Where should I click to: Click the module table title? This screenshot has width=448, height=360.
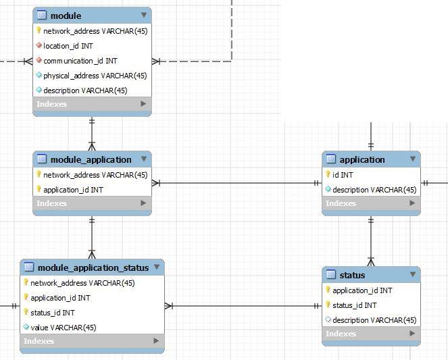[66, 16]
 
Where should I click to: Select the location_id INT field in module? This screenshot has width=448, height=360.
[68, 46]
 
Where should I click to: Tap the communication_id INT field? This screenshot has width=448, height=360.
[80, 61]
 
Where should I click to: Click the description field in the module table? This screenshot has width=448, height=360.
[85, 91]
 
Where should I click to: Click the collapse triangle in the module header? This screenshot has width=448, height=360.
[144, 15]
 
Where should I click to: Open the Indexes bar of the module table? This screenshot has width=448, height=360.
[92, 104]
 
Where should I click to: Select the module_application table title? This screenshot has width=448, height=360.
[91, 159]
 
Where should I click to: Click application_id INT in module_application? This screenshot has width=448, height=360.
[73, 190]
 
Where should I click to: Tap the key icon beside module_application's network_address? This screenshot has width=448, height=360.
[39, 175]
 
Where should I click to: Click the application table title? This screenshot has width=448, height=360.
[362, 159]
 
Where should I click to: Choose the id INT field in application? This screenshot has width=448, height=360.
[343, 175]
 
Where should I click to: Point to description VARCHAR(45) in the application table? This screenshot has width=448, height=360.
[374, 190]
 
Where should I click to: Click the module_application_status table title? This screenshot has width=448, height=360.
[93, 267]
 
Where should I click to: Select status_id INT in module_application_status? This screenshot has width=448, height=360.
[53, 313]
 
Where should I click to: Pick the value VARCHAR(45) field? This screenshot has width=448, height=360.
[64, 328]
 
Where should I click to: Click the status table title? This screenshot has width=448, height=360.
[352, 275]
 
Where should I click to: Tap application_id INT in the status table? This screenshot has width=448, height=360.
[362, 290]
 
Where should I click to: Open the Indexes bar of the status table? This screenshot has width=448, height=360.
[371, 334]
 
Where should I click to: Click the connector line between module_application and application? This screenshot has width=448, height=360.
[237, 182]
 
